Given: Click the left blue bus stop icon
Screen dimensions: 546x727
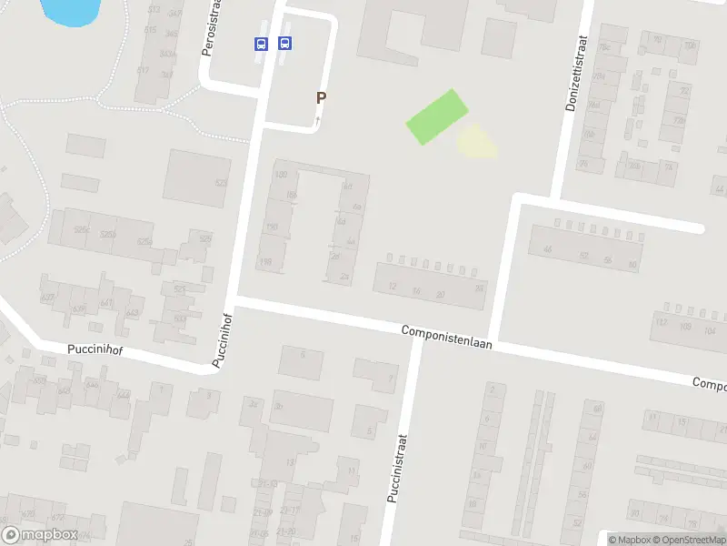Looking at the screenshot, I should [x=261, y=43].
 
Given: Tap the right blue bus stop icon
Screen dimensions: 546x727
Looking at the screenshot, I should [x=284, y=43].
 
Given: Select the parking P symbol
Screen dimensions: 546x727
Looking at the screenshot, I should [x=320, y=97].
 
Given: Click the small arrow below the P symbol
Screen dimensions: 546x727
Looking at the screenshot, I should [x=318, y=119].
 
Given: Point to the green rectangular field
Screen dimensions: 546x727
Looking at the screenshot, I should [x=436, y=117].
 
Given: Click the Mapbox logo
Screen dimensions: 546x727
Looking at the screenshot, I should [x=38, y=535].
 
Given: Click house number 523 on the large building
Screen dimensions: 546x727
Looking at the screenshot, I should [x=220, y=183].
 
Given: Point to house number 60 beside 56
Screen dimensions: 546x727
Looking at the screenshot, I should [x=632, y=263].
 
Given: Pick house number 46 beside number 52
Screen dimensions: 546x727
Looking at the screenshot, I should [x=547, y=249].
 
